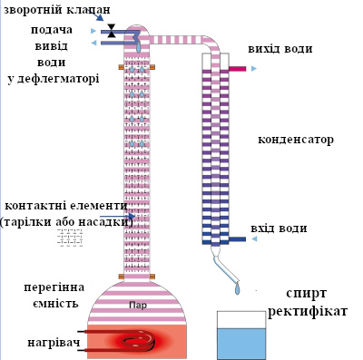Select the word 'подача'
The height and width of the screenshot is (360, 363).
pos(48,30)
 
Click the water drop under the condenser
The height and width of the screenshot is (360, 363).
pos(237,289)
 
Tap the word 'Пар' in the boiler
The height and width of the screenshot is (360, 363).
pos(138,306)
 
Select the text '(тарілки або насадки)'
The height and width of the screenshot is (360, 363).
pos(66,220)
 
